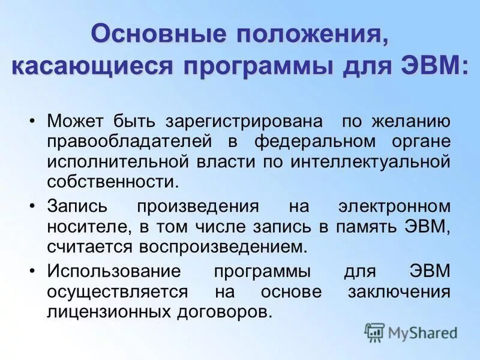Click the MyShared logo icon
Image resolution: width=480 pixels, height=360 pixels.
point(375,332)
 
